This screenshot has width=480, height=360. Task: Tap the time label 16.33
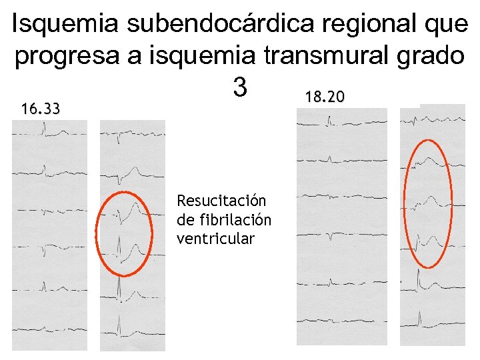40,108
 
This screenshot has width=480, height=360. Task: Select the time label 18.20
325,97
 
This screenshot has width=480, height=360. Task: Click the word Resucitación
221,201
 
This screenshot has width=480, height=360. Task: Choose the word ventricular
215,239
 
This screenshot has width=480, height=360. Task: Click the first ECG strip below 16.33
49,233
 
